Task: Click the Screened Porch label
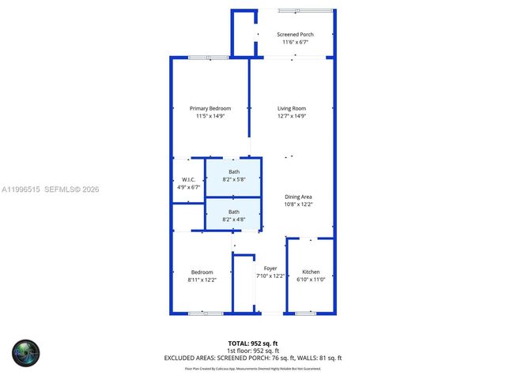pyautogui.click(x=296, y=34)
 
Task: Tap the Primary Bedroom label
pyautogui.click(x=210, y=108)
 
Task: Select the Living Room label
pyautogui.click(x=291, y=108)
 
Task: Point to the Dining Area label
pyautogui.click(x=299, y=197)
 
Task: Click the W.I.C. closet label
pyautogui.click(x=188, y=180)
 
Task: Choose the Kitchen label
pyautogui.click(x=311, y=272)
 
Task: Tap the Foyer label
pyautogui.click(x=270, y=268)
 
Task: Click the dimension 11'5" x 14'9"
pyautogui.click(x=210, y=116)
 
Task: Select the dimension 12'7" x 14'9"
pyautogui.click(x=291, y=116)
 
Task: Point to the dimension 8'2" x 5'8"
pyautogui.click(x=234, y=179)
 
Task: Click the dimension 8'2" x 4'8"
pyautogui.click(x=234, y=219)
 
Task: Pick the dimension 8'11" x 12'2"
pyautogui.click(x=202, y=280)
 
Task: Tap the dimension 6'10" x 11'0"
pyautogui.click(x=311, y=280)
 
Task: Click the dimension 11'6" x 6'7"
pyautogui.click(x=296, y=42)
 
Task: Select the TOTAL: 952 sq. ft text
pyautogui.click(x=252, y=343)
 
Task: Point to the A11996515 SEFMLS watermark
pyautogui.click(x=50, y=189)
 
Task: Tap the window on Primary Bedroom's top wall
pyautogui.click(x=208, y=57)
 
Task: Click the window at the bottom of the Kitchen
pyautogui.click(x=305, y=313)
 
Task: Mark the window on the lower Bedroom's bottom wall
pyautogui.click(x=205, y=313)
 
